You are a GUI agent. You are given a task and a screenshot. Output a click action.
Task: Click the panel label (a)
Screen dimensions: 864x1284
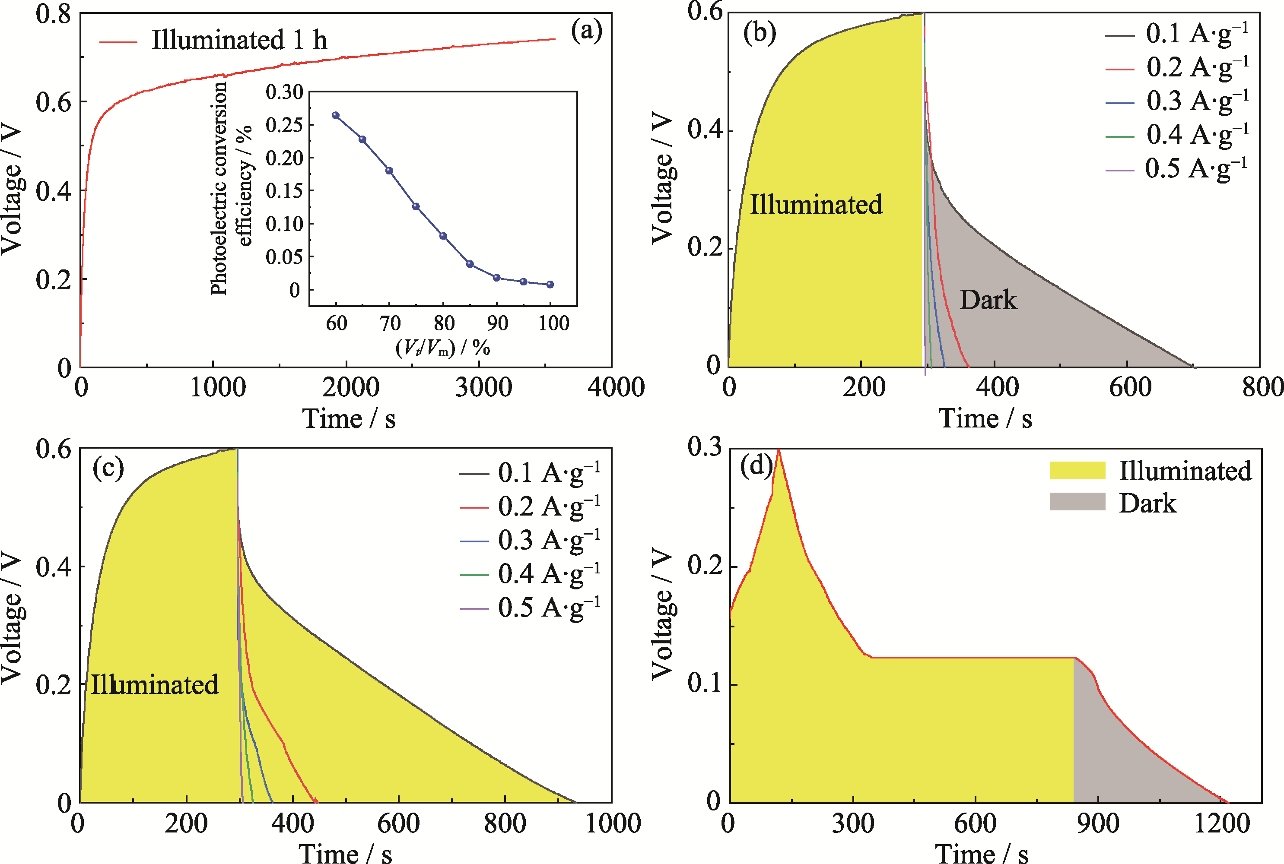(586, 30)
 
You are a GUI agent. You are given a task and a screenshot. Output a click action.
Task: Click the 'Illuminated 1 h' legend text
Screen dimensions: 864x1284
(239, 40)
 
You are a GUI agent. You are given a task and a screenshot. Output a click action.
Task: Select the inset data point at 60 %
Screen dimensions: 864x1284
(336, 116)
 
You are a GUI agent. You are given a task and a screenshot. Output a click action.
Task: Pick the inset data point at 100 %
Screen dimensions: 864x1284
(550, 284)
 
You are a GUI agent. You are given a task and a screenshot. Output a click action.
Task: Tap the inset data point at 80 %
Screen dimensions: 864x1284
(443, 236)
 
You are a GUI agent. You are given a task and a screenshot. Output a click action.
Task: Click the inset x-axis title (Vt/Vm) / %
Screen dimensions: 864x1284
(443, 347)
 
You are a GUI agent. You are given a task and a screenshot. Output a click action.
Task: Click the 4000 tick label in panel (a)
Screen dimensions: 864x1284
(616, 387)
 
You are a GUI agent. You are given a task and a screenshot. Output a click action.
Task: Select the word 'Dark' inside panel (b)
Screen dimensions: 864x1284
(988, 301)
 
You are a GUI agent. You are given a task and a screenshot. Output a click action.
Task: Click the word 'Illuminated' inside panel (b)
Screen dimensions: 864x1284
(816, 204)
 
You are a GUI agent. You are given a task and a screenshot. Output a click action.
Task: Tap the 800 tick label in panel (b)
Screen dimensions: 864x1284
(1262, 387)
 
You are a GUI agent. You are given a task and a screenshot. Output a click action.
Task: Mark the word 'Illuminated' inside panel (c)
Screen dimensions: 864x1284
(154, 684)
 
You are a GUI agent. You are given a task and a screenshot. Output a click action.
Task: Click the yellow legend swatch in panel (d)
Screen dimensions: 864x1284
(1077, 471)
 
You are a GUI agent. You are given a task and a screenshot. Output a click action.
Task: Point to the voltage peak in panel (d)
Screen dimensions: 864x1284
(778, 451)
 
